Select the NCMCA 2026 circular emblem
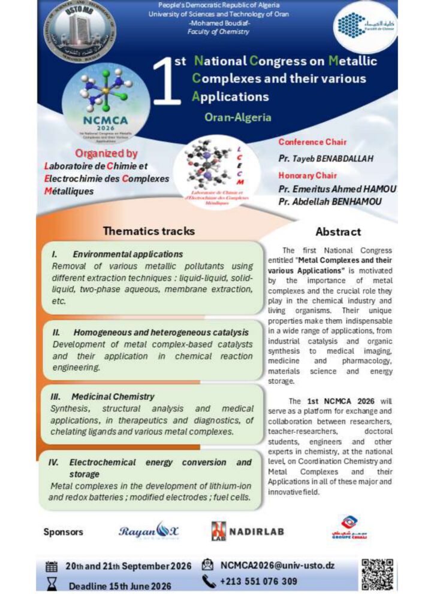point(106,105)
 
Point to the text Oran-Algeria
point(237,117)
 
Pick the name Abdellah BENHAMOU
point(330,202)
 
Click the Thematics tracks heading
point(149,230)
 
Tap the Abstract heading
point(338,232)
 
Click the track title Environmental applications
point(128,254)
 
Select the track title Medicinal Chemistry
point(113,396)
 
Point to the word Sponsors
point(63,532)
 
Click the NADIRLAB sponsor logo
point(248,532)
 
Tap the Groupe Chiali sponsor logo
point(349,527)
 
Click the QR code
point(378,573)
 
